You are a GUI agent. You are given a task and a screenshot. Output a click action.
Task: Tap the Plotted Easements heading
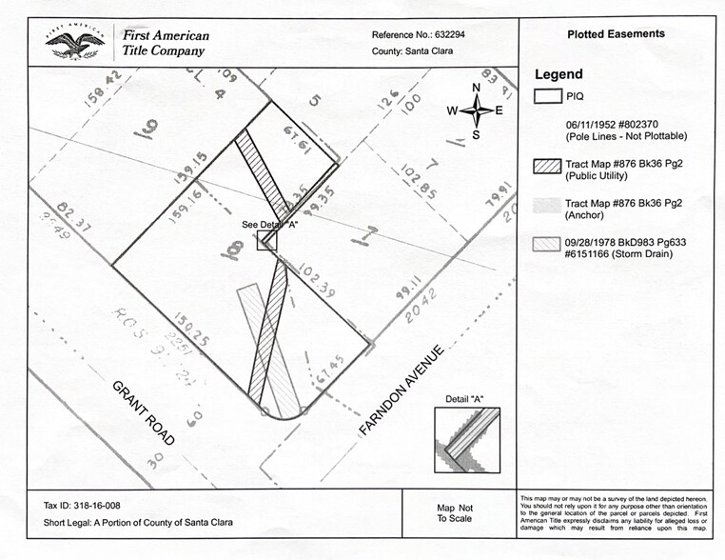tap(616, 34)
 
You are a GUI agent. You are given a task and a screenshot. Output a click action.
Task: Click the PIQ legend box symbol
tap(547, 95)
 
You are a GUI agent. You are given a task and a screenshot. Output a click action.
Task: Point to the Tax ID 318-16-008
tap(82, 506)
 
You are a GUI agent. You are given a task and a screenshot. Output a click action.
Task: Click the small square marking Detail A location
tap(267, 240)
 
